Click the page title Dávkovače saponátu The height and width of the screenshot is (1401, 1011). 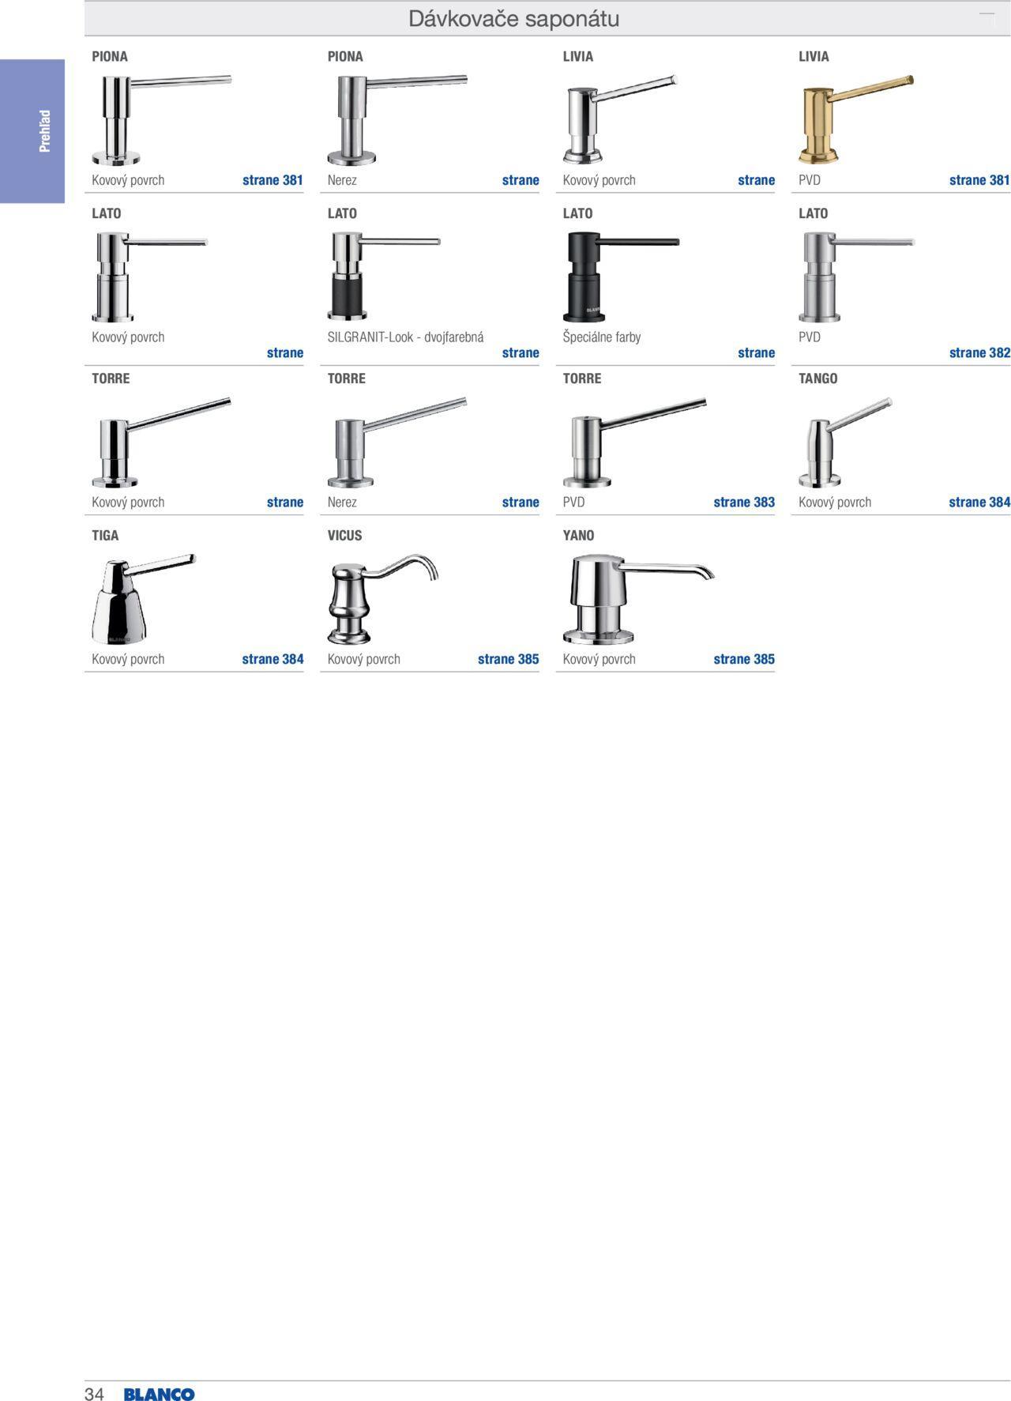[x=513, y=19]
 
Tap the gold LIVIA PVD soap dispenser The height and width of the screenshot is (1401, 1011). [x=855, y=119]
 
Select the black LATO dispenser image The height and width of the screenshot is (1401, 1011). [x=620, y=277]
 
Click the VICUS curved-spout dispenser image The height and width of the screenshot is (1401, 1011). [x=382, y=599]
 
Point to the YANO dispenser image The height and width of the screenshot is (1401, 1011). [x=638, y=599]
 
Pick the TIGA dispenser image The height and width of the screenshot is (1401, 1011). [x=143, y=599]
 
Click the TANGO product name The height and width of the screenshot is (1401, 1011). [x=817, y=378]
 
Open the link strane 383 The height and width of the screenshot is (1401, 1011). [x=744, y=503]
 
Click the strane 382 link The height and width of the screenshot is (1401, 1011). [x=979, y=353]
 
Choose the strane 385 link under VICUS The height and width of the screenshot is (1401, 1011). [x=508, y=659]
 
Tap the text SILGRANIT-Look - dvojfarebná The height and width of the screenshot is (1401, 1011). [x=405, y=337]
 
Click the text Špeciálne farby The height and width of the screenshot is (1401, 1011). [x=602, y=337]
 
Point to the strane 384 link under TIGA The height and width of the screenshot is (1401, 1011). [x=272, y=659]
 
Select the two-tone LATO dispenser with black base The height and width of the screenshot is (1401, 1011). [x=384, y=277]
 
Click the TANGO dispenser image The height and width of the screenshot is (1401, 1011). [x=845, y=442]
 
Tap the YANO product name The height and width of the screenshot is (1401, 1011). [x=578, y=536]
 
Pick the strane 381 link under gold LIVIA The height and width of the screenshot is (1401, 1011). [x=979, y=180]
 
